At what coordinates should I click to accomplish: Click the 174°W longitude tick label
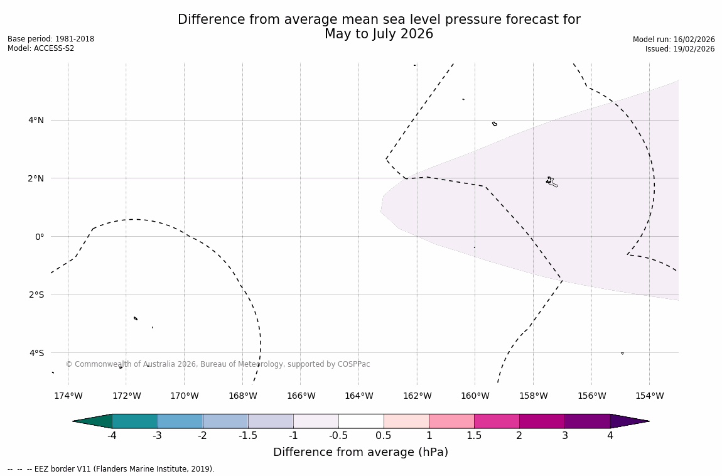[68, 396]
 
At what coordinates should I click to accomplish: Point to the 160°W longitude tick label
[475, 396]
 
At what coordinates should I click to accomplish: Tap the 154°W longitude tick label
[649, 396]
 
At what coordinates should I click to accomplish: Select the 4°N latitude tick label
[36, 120]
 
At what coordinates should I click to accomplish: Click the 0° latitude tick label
[40, 237]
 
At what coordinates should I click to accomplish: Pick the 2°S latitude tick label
[36, 295]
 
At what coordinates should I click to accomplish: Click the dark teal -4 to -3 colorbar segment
[134, 421]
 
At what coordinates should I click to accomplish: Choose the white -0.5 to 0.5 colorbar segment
[361, 421]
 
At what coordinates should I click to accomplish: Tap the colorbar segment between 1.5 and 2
[497, 421]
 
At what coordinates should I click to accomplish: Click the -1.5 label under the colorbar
[248, 436]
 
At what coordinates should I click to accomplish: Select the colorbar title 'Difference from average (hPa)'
[360, 452]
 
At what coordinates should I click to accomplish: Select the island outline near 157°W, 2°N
[551, 182]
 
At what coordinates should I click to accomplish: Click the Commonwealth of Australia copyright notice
[218, 364]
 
